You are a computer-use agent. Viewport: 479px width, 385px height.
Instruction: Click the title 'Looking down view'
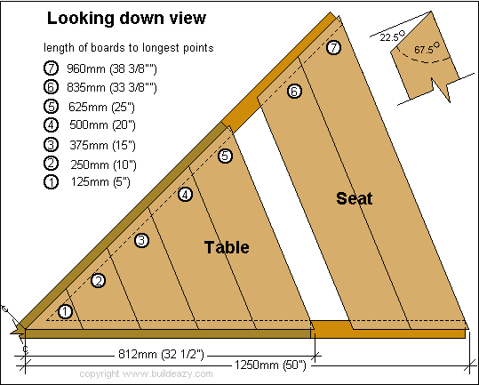tap(126, 19)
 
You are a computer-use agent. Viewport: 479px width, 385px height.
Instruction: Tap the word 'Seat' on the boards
tap(355, 198)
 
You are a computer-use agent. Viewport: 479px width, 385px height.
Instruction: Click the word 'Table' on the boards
tap(227, 247)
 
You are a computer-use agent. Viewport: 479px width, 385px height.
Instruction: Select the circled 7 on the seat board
tap(333, 47)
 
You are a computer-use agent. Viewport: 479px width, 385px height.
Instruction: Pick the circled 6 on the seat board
tap(294, 91)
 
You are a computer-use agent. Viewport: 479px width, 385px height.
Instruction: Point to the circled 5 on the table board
tap(225, 156)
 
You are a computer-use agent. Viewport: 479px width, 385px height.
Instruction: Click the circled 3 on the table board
tap(142, 240)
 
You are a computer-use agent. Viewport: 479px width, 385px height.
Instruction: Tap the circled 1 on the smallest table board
tap(65, 312)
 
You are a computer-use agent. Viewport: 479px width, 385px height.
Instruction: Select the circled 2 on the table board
tap(99, 280)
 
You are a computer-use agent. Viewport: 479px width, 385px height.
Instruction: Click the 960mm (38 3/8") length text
tap(112, 69)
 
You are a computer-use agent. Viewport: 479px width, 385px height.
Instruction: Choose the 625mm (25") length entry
tap(101, 108)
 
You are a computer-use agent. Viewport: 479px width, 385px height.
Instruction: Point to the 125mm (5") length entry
tap(100, 181)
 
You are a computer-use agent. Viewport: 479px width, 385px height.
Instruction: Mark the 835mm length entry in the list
tap(112, 88)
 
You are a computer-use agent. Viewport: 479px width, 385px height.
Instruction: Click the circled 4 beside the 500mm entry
tap(51, 125)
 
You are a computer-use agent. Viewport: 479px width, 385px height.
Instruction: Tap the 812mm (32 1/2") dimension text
tap(161, 355)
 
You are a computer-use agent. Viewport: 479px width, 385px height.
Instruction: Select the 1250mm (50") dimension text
tap(270, 365)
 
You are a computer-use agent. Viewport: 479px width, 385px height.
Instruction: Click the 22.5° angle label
tap(392, 36)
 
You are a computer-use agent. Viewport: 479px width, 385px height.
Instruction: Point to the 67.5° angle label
tap(427, 48)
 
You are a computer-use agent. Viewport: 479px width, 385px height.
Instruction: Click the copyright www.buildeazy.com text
tap(146, 373)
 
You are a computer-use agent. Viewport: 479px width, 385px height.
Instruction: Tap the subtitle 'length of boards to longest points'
tap(129, 48)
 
